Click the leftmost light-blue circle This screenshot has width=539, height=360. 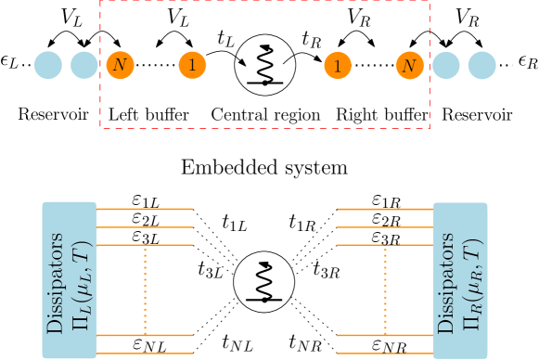pyautogui.click(x=48, y=66)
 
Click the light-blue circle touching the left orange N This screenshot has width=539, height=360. pyautogui.click(x=84, y=66)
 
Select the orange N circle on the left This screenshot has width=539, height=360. pyautogui.click(x=119, y=66)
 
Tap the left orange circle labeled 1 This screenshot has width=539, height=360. pyautogui.click(x=192, y=66)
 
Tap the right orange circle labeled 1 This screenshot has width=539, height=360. pyautogui.click(x=338, y=66)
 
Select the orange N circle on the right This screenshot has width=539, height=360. pyautogui.click(x=409, y=66)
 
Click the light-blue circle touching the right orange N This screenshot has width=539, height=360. pyautogui.click(x=445, y=66)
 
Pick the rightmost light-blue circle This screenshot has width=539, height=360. pyautogui.click(x=481, y=66)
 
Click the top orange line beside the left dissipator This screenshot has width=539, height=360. pyautogui.click(x=145, y=209)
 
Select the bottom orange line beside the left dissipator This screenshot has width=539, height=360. pyautogui.click(x=145, y=353)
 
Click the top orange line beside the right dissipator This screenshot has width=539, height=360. pyautogui.click(x=384, y=209)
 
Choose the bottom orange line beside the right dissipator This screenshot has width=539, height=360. pyautogui.click(x=384, y=353)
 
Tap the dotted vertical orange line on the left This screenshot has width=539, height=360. pyautogui.click(x=145, y=289)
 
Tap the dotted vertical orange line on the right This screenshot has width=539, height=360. pyautogui.click(x=384, y=289)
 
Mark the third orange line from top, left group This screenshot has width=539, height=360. pyautogui.click(x=145, y=245)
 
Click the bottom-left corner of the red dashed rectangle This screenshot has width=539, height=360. pyautogui.click(x=100, y=128)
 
